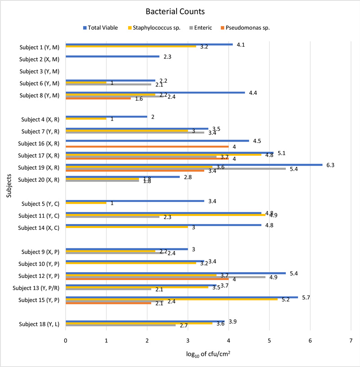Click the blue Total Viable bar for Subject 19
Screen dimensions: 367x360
pos(193,165)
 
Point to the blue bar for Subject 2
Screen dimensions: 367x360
pos(112,56)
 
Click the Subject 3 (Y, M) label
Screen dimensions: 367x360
pos(40,71)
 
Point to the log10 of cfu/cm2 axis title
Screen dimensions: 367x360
pos(208,354)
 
